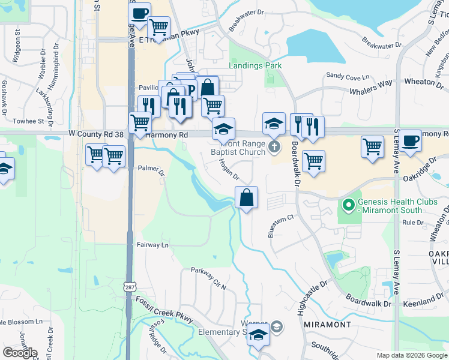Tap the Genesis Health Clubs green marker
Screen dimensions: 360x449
pos(348,205)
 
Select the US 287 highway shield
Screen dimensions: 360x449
pos(129,287)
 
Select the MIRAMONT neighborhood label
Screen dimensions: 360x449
pos(327,324)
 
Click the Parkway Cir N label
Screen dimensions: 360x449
pos(208,278)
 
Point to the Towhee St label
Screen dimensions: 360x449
pos(24,121)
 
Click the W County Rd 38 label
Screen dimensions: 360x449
pos(96,134)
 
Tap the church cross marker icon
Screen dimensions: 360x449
pos(274,146)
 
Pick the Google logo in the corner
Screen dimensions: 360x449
pos(19,353)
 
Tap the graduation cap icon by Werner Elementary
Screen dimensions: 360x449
pos(259,337)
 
